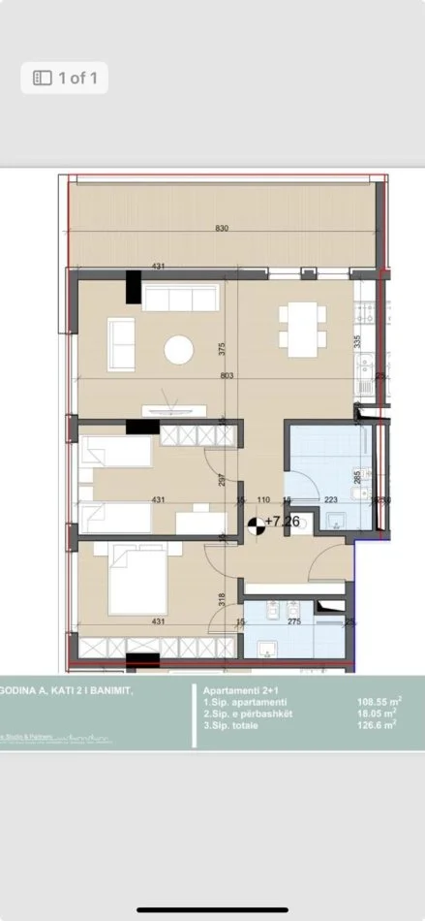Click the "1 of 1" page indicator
tap(65, 78)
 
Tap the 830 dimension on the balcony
tap(222, 229)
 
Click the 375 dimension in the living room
tap(221, 347)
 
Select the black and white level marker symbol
tap(256, 524)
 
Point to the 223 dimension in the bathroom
tap(330, 500)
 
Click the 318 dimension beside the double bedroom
tap(222, 598)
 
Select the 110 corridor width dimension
tap(262, 500)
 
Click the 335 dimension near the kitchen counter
tap(357, 341)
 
